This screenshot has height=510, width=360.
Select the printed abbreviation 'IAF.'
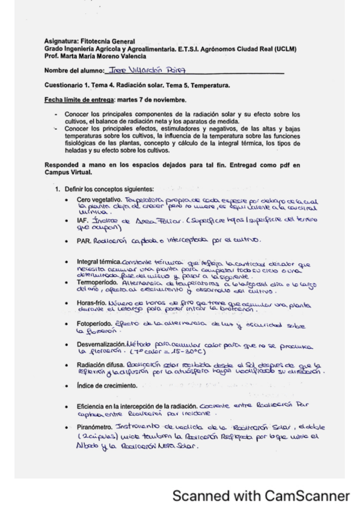82,221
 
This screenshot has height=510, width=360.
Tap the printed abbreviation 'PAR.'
84,241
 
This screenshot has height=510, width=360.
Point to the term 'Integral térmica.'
99,262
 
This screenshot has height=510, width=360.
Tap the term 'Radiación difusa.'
100,365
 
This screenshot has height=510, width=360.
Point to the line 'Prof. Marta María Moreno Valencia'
95,55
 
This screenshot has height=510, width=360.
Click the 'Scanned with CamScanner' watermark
261,496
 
